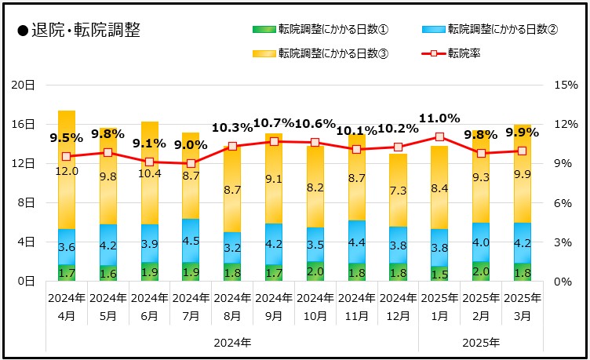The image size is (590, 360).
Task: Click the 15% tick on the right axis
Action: click(564, 85)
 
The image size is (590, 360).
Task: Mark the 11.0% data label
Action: click(439, 119)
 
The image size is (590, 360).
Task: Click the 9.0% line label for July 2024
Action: click(191, 145)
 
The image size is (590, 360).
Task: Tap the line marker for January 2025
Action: click(439, 137)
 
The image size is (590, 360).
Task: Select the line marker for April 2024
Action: click(67, 157)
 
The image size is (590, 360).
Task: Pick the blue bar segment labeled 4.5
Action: click(191, 241)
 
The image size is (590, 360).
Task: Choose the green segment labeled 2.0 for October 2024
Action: click(315, 271)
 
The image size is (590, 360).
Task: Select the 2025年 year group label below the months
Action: click(481, 343)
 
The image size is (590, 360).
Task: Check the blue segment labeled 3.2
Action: click(232, 248)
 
